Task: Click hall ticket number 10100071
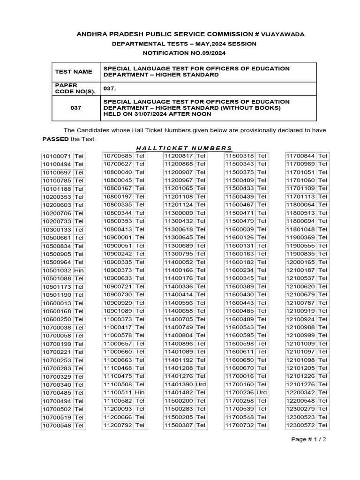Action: pyautogui.click(x=57, y=156)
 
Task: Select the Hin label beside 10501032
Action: pyautogui.click(x=79, y=270)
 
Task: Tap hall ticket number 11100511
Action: pyautogui.click(x=118, y=392)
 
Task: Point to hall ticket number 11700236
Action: pyautogui.click(x=240, y=392)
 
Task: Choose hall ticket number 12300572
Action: pyautogui.click(x=300, y=425)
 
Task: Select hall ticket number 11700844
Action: pyautogui.click(x=300, y=156)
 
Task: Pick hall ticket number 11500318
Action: pyautogui.click(x=240, y=156)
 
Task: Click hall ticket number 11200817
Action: pyautogui.click(x=179, y=156)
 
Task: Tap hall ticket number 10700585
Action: pyautogui.click(x=118, y=156)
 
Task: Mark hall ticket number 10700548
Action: pyautogui.click(x=57, y=425)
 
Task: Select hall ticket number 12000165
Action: pyautogui.click(x=300, y=262)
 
